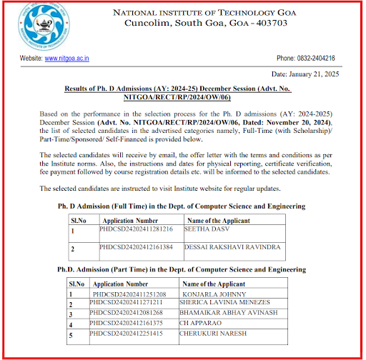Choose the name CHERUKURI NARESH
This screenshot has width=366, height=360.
pos(219,333)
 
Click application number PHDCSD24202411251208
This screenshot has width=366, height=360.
pos(129,294)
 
